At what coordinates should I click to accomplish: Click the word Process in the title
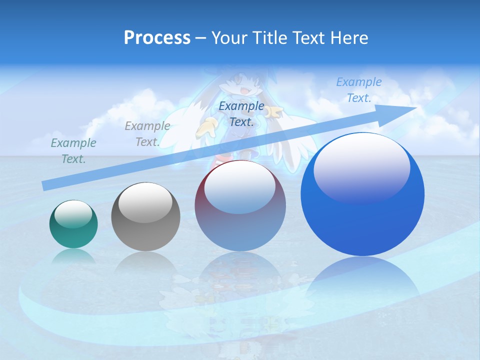(x=157, y=38)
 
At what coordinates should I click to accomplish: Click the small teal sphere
(x=73, y=224)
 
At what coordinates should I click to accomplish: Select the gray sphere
(x=145, y=217)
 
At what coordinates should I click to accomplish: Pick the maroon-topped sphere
(x=240, y=206)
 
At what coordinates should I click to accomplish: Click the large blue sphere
(x=362, y=195)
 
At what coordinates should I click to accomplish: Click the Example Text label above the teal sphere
(x=73, y=151)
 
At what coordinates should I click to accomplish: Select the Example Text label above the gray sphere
(x=147, y=134)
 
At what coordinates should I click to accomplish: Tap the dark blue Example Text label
(x=241, y=113)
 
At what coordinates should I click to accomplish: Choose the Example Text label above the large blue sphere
(x=358, y=90)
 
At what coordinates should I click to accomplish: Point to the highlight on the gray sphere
(x=145, y=202)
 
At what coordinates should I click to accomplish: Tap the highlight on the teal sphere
(x=73, y=214)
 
